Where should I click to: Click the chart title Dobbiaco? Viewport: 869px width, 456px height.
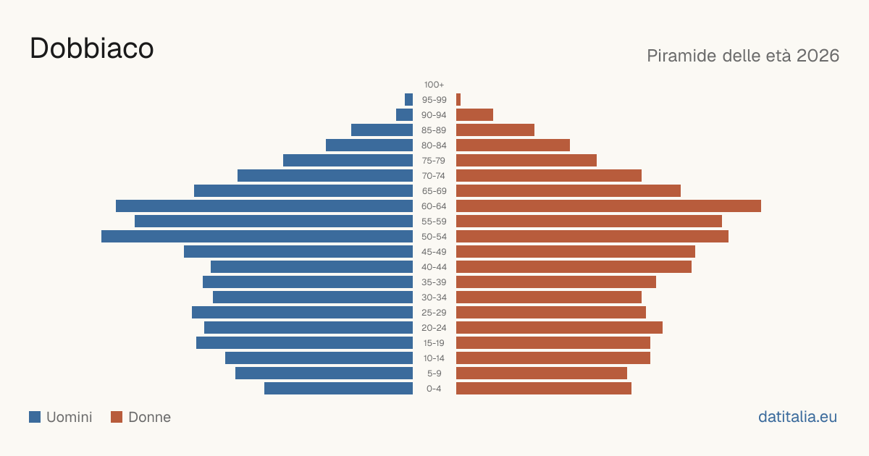[x=91, y=48]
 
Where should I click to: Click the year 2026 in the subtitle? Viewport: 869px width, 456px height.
[x=818, y=56]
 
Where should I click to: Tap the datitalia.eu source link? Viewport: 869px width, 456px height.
[x=797, y=417]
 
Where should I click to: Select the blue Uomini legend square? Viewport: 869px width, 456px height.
[x=35, y=417]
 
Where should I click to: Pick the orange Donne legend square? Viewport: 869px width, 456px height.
[x=117, y=417]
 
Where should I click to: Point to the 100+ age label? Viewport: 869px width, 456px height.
[x=434, y=85]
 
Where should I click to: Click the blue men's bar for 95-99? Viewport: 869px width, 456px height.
[x=408, y=100]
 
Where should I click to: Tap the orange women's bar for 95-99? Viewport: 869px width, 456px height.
[x=458, y=100]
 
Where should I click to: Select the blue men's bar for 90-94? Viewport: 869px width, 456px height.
[x=404, y=115]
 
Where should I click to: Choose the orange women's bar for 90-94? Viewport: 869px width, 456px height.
[x=474, y=115]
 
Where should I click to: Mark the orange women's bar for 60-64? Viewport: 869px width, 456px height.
[x=608, y=206]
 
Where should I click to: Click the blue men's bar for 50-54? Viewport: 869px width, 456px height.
[x=257, y=237]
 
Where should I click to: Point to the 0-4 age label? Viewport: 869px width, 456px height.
[x=434, y=389]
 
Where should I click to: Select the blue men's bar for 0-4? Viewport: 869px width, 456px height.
[x=338, y=389]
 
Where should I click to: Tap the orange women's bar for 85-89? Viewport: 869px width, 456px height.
[x=495, y=130]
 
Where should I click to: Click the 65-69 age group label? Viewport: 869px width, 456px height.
[x=434, y=191]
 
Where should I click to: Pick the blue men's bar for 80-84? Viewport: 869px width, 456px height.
[x=369, y=145]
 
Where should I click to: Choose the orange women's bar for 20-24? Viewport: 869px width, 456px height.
[x=559, y=328]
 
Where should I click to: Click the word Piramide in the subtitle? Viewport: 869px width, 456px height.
[x=681, y=56]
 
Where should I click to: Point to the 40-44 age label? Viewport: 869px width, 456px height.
[x=434, y=267]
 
